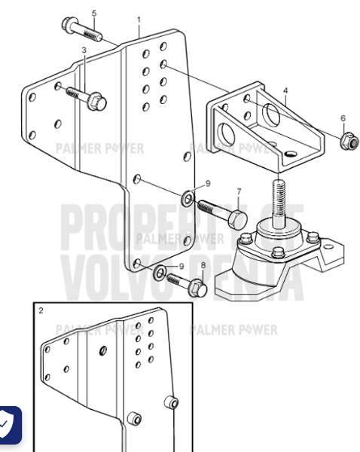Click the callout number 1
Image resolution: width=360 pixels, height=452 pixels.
click(139, 17)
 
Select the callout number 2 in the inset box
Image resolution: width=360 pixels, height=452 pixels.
click(41, 310)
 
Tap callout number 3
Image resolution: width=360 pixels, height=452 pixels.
click(84, 50)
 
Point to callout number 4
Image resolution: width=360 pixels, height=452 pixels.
click(285, 90)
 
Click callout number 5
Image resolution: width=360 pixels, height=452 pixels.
click(94, 14)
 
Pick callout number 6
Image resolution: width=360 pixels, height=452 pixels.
click(343, 118)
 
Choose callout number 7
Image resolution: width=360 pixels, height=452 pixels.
click(239, 191)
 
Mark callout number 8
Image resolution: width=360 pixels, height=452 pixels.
click(202, 264)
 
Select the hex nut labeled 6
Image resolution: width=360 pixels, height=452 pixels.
click(347, 140)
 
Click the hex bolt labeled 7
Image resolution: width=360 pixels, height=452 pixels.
click(223, 212)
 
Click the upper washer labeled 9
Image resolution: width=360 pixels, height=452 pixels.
click(186, 198)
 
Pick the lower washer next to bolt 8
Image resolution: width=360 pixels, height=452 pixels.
click(160, 271)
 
